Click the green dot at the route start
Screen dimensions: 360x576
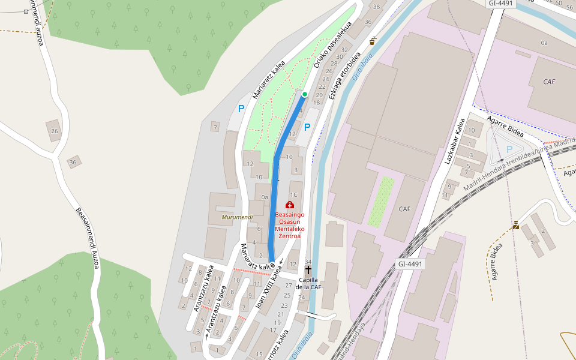(x=305, y=94)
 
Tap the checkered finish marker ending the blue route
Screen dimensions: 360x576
(x=272, y=264)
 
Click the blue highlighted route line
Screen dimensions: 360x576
(x=275, y=198)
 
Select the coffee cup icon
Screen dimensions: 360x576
(x=373, y=41)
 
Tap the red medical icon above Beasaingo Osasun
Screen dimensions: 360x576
(x=290, y=205)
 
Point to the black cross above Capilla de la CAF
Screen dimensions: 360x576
(x=308, y=271)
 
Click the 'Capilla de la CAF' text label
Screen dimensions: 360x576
(x=308, y=283)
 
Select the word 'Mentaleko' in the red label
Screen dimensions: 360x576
(x=290, y=229)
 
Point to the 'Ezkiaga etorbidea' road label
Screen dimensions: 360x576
(x=344, y=76)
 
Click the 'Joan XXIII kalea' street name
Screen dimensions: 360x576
(x=268, y=290)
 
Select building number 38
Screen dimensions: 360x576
(x=377, y=7)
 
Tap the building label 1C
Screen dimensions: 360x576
(x=293, y=194)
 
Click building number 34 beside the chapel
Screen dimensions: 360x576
(x=308, y=262)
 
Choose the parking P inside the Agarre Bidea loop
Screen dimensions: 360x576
(x=509, y=149)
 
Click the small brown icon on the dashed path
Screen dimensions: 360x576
(x=516, y=225)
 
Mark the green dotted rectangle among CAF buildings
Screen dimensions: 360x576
(x=381, y=202)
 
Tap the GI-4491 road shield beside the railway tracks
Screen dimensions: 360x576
(x=410, y=264)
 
